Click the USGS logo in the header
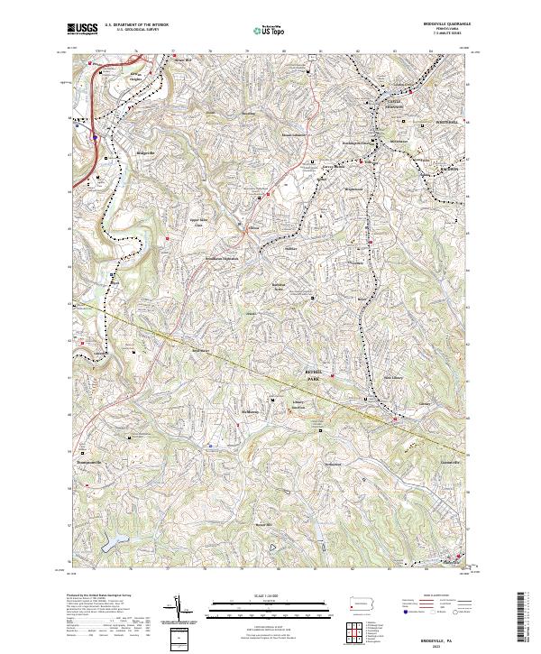[x=82, y=30]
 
